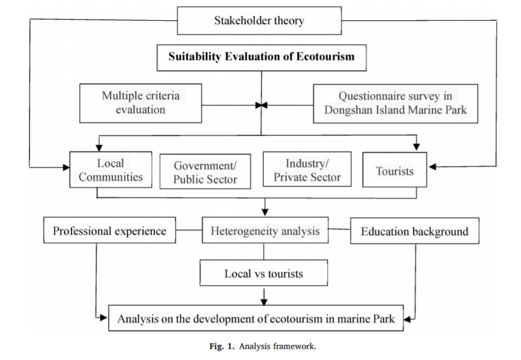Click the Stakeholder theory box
259,21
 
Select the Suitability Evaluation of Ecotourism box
261,57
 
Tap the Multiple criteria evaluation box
140,102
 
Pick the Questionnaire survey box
395,103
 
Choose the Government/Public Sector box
205,171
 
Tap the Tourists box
394,170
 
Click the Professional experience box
109,231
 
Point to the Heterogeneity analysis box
265,231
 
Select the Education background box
414,231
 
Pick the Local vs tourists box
263,273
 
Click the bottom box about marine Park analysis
256,319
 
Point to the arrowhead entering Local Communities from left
66,167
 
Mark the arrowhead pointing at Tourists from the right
432,167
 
